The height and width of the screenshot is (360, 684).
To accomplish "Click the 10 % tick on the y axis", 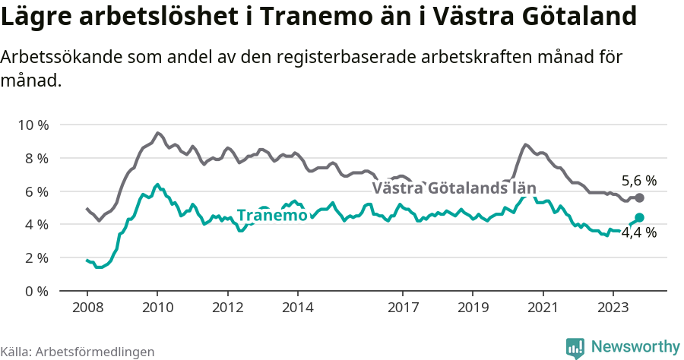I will point(33,125).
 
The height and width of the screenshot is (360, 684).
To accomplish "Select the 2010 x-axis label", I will point(157,308).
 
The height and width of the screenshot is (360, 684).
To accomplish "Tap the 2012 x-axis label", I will point(227,308).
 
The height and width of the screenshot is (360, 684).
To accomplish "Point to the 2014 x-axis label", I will point(297,308).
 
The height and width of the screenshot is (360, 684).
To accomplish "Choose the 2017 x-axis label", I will point(403,308).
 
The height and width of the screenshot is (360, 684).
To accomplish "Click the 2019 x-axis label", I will point(473,308).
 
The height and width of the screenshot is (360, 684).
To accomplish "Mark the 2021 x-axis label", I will point(543,308).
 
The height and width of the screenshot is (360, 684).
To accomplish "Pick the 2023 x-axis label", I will point(613,308).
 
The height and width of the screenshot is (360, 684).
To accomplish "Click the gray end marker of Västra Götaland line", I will point(639,197).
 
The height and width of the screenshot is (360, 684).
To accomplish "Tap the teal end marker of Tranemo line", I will point(639,217).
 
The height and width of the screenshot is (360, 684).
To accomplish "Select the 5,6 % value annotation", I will point(638,181).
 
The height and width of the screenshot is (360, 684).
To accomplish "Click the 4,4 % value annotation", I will point(638,233).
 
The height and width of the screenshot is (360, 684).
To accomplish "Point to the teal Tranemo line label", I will point(272,216).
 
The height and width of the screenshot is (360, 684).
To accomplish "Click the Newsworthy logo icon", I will point(575,347).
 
